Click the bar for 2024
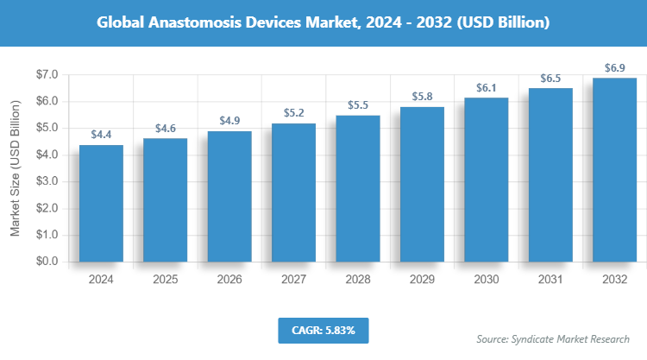point(101,203)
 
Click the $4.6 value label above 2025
point(166,129)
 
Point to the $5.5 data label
point(358,104)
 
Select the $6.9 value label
point(614,67)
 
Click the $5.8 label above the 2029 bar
point(422,97)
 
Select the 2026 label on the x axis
point(229,280)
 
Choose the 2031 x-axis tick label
point(550,280)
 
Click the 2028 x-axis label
point(358,280)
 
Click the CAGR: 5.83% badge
point(323,330)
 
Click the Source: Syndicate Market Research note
point(553,338)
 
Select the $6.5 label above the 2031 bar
point(550,79)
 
